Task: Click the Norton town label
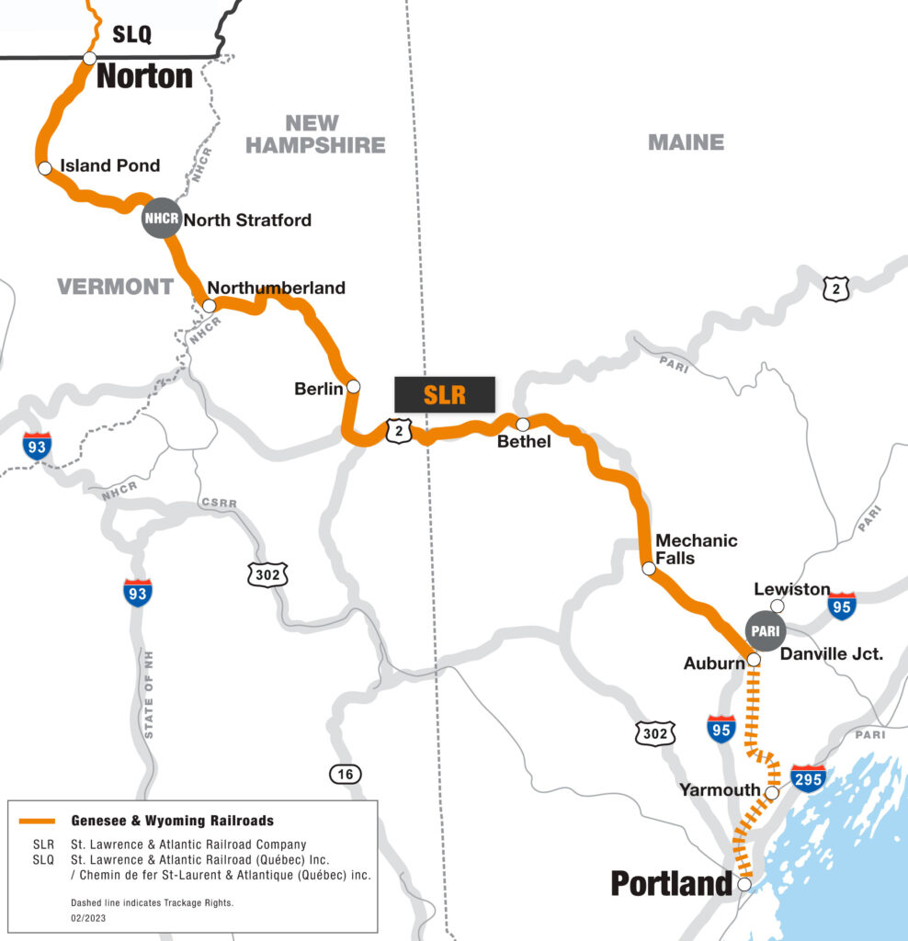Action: click(144, 75)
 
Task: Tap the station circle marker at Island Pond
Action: click(44, 168)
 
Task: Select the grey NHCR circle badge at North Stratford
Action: click(160, 219)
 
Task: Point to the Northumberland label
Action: click(277, 288)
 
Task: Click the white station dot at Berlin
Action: click(353, 387)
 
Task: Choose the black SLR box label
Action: click(445, 394)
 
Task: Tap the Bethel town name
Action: click(523, 442)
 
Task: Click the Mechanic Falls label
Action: click(696, 549)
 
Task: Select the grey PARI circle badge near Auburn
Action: click(764, 630)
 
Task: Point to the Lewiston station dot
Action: click(777, 606)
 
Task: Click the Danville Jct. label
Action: click(831, 654)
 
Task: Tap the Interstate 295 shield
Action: click(808, 777)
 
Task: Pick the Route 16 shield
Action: click(345, 775)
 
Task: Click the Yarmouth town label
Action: click(720, 790)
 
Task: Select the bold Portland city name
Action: click(671, 884)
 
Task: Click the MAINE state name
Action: click(686, 142)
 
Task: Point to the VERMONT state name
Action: click(115, 287)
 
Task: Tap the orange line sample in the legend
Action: click(40, 821)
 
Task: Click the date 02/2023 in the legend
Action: click(87, 917)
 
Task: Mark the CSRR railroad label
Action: click(218, 505)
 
